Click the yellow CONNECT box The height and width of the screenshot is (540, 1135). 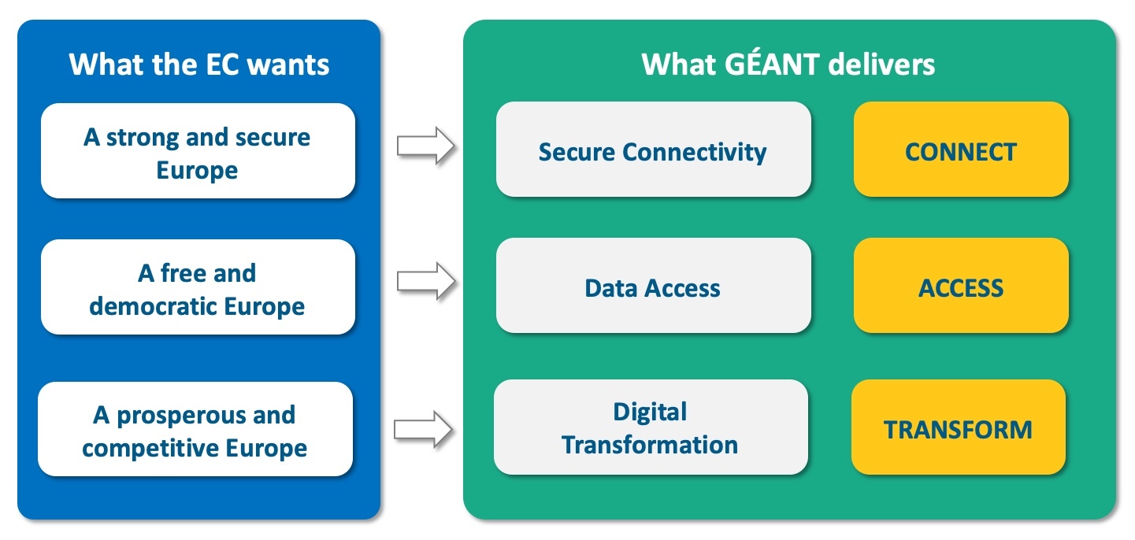click(x=961, y=150)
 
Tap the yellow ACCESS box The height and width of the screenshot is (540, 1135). click(x=961, y=287)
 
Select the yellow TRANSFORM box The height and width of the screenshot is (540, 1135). click(x=958, y=429)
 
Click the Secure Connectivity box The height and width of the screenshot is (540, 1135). click(x=653, y=150)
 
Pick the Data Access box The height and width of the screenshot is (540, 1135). click(x=653, y=287)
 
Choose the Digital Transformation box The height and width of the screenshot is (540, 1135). click(x=651, y=427)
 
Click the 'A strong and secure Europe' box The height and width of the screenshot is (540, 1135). click(x=198, y=152)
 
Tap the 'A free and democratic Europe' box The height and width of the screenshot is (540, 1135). click(x=198, y=288)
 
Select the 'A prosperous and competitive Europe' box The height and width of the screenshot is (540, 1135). click(x=195, y=430)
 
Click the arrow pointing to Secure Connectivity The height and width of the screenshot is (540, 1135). click(x=426, y=146)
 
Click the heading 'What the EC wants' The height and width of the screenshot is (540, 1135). click(x=199, y=64)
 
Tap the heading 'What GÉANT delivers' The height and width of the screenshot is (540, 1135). click(x=788, y=64)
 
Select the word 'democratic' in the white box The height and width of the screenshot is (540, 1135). click(x=152, y=305)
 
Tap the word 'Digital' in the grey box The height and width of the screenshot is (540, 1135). click(x=650, y=412)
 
